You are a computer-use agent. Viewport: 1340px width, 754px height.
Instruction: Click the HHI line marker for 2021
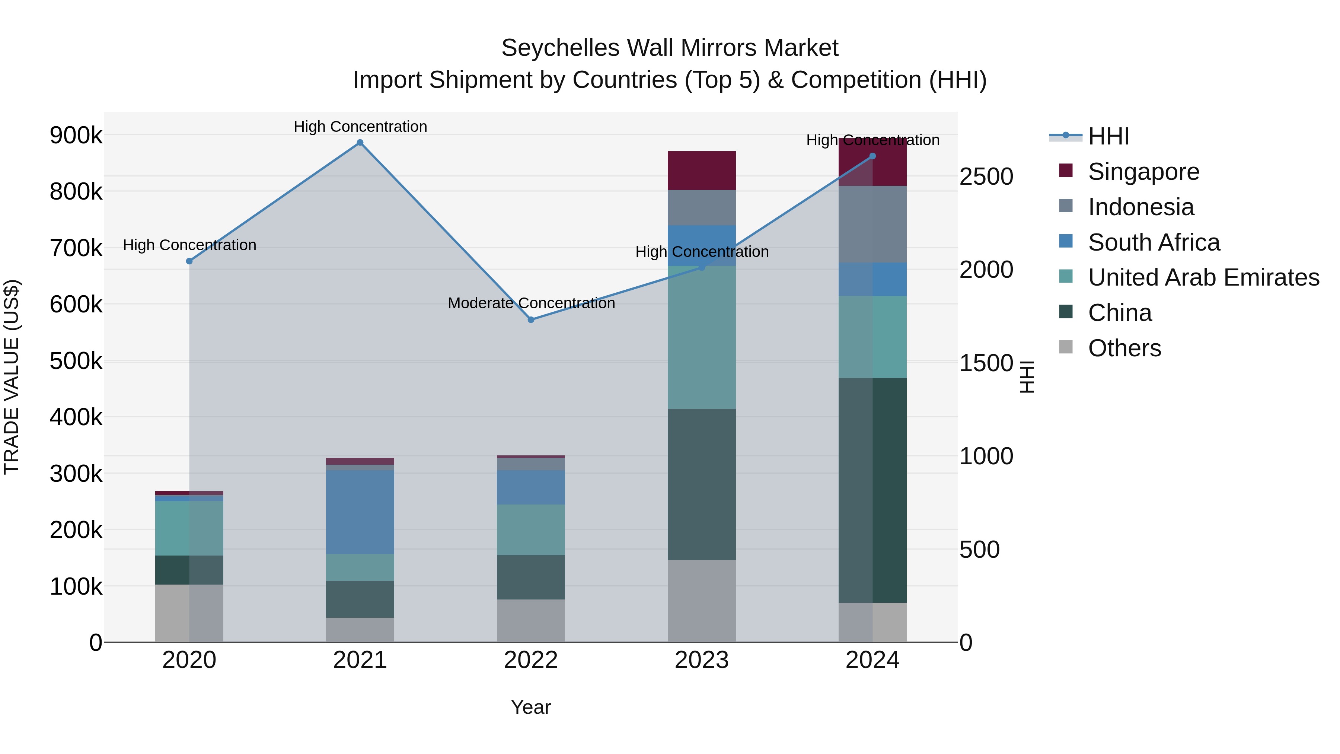360,143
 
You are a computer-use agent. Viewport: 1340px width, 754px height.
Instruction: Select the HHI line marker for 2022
530,319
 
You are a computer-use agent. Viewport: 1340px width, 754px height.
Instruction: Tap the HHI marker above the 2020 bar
189,261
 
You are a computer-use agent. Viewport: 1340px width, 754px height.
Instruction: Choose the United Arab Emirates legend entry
1203,277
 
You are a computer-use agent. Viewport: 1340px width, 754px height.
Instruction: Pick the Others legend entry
1124,348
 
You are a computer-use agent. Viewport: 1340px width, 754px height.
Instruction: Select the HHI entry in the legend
1108,136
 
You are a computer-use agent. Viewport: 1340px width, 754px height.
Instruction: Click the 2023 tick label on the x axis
701,660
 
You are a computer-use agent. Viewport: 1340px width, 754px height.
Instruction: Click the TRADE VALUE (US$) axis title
12,377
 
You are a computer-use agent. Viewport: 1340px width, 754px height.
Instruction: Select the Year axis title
530,707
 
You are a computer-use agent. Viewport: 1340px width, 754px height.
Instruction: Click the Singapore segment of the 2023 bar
701,171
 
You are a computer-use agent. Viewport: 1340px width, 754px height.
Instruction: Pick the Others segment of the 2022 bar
530,620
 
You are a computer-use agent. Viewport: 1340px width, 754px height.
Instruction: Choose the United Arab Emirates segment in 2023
701,337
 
